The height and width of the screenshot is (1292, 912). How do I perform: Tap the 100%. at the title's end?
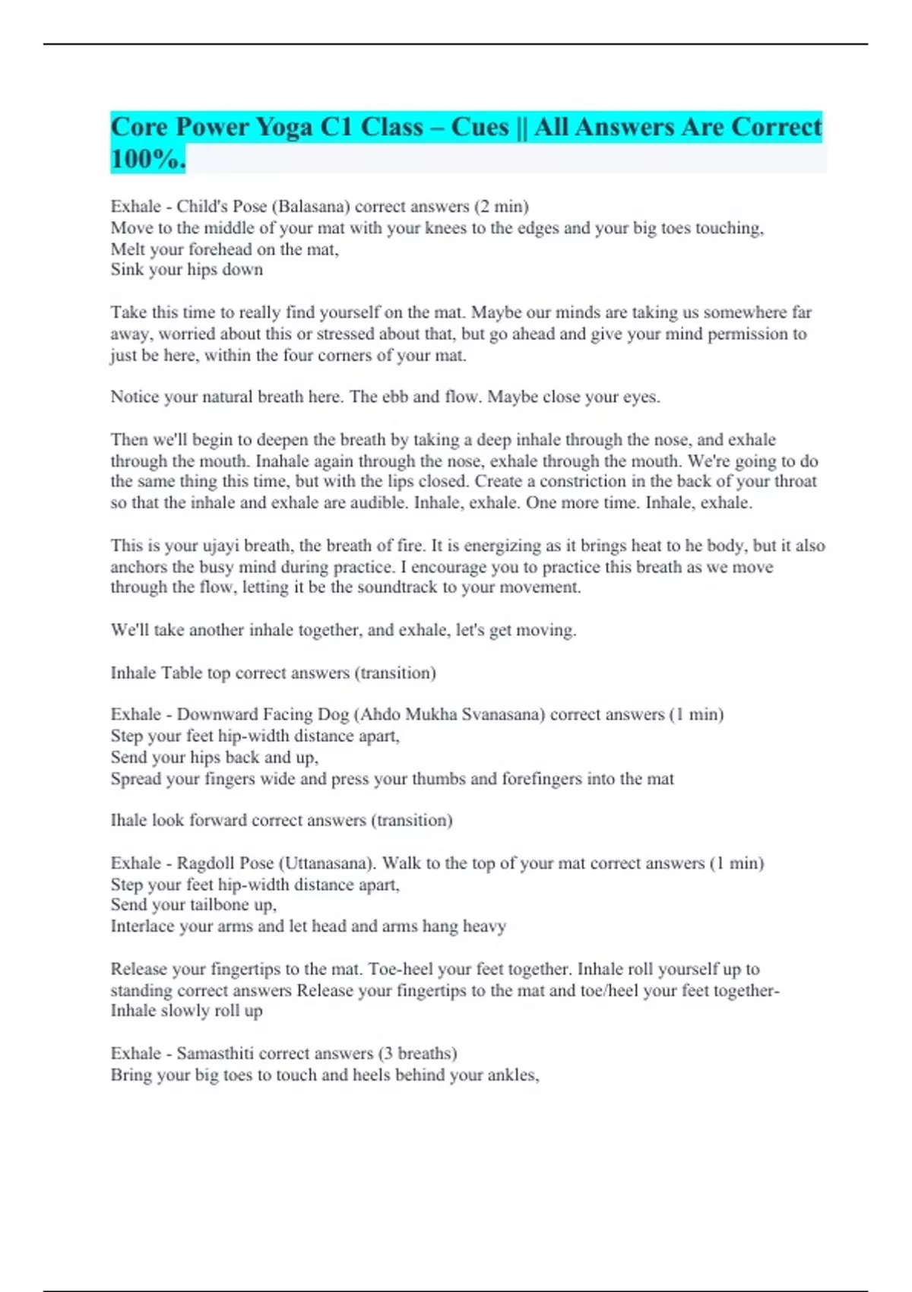click(x=148, y=159)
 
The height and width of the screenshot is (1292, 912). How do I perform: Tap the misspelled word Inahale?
click(x=284, y=461)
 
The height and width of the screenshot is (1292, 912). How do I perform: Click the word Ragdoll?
click(x=204, y=863)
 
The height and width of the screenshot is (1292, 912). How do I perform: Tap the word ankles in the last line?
click(x=514, y=1075)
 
